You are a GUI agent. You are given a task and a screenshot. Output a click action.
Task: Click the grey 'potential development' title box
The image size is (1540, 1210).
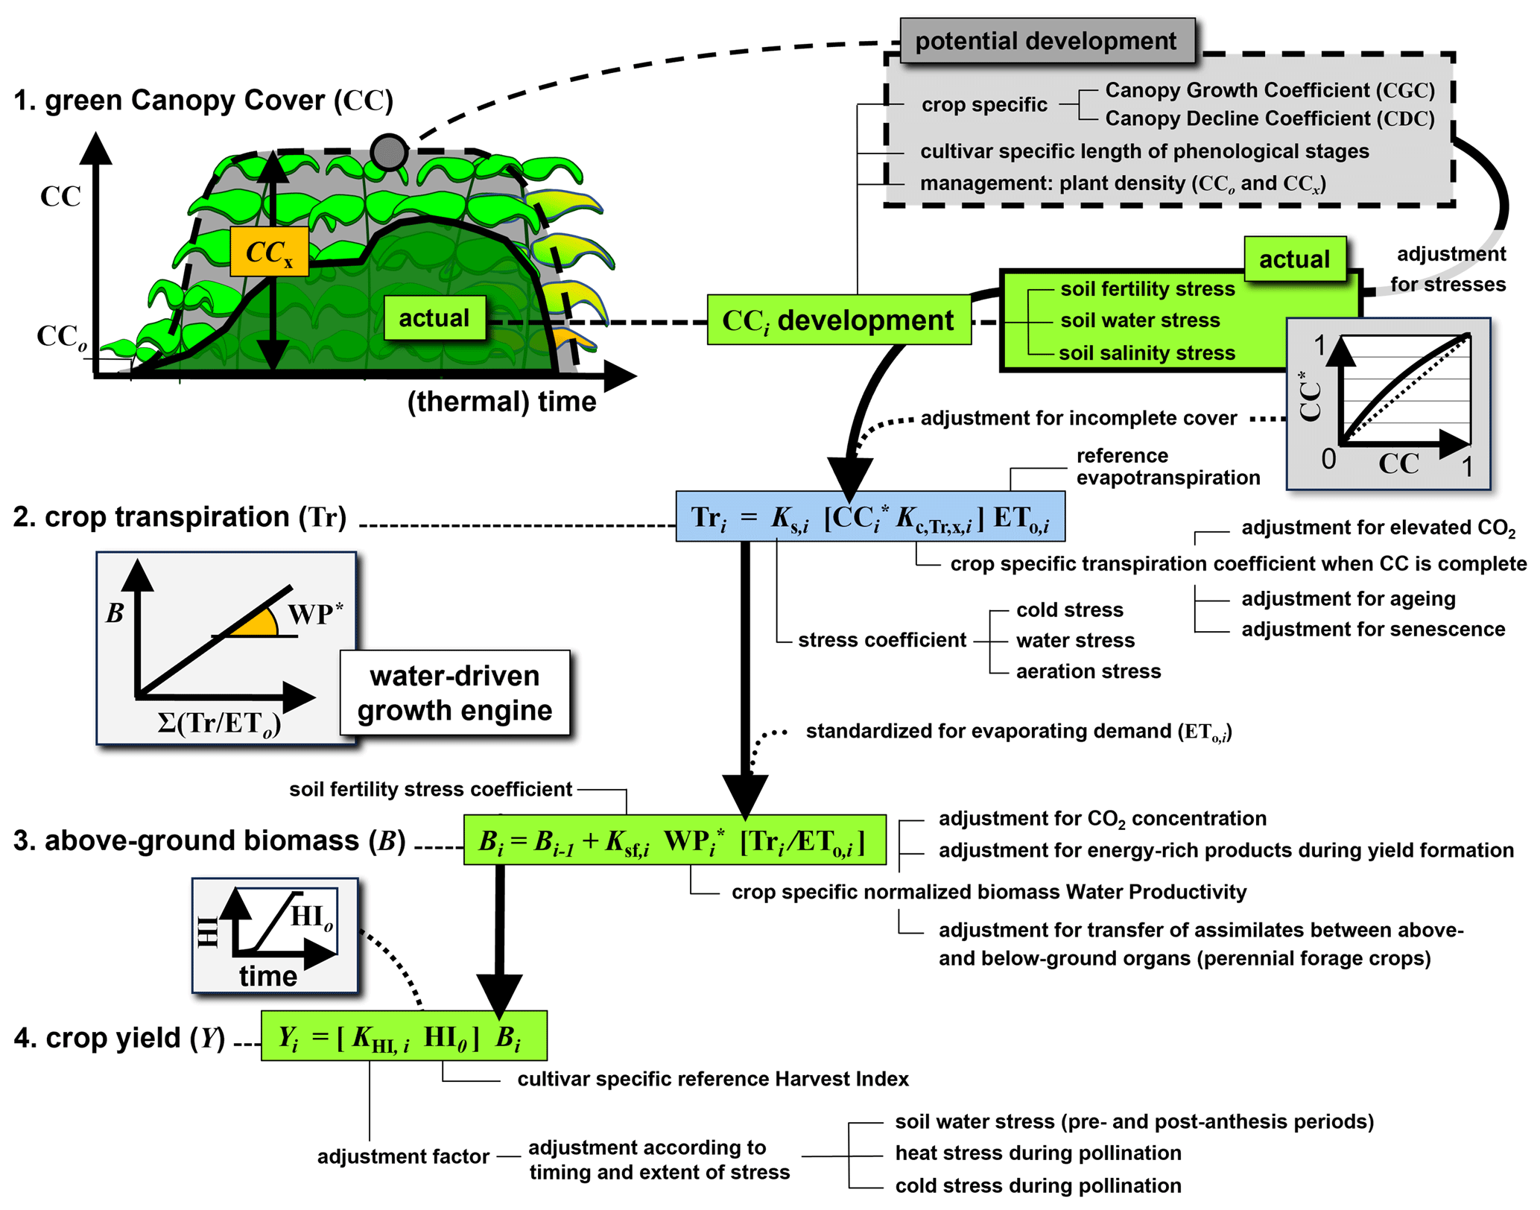pos(1046,41)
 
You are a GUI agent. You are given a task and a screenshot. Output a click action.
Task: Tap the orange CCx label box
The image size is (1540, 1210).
pos(269,252)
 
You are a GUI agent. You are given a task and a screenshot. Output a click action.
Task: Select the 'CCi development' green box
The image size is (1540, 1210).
pos(838,320)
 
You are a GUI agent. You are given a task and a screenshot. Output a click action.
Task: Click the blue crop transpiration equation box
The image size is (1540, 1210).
pos(869,516)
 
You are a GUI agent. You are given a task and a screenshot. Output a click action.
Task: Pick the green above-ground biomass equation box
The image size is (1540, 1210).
pos(674,840)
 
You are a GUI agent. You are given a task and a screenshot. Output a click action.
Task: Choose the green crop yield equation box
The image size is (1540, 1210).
pos(403,1036)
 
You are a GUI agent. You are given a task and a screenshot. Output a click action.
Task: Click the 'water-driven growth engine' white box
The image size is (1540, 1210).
pos(454,693)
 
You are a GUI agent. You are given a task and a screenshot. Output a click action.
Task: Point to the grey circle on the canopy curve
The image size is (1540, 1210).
pos(389,152)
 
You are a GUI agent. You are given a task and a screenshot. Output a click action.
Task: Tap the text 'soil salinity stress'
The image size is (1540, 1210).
pos(1147,353)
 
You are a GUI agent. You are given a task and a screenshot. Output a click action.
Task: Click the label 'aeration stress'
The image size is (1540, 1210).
pos(1088,671)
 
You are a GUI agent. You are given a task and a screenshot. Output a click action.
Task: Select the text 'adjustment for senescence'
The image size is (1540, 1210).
pos(1372,630)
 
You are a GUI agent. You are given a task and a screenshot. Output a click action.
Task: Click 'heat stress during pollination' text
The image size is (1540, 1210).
pos(1038,1153)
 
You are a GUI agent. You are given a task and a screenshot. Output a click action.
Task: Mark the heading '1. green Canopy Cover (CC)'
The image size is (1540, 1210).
pos(203,101)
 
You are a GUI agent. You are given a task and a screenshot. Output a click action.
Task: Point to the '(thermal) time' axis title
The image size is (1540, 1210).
pos(501,402)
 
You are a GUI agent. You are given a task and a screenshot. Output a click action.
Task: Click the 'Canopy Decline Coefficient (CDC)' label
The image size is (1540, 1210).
pos(1270,118)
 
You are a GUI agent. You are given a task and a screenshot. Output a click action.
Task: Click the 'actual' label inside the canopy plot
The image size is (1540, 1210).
pos(434,318)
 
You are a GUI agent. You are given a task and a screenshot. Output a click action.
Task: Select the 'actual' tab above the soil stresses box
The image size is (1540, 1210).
pos(1294,259)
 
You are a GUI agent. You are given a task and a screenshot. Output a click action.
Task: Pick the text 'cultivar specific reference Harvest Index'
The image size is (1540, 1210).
pos(713,1079)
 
